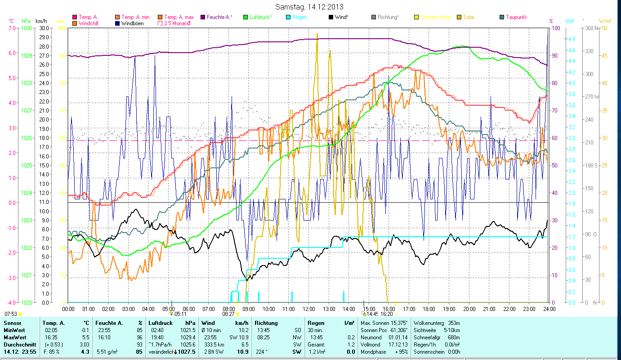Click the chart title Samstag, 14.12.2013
tap(311, 7)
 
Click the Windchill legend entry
tap(90, 23)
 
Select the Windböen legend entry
tap(132, 23)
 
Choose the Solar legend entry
tap(468, 17)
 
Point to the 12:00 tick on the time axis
tap(309, 309)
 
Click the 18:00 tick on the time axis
tap(429, 309)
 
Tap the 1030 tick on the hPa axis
tap(27, 28)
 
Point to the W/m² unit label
tap(605, 21)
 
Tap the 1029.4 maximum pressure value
tap(188, 337)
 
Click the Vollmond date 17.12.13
tap(398, 344)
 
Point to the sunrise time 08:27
tap(228, 314)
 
